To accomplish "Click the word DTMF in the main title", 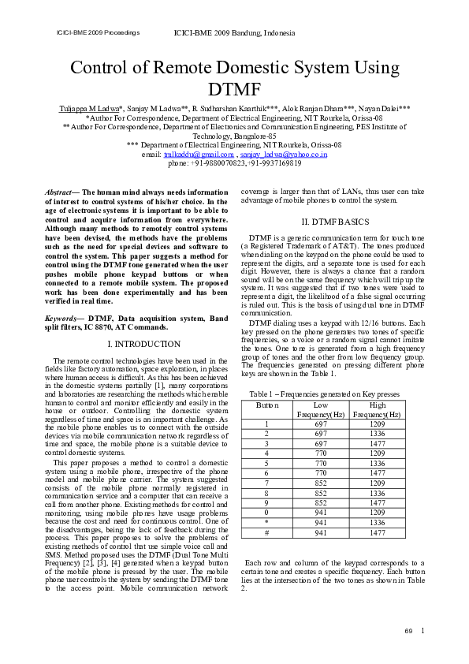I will (x=234, y=88).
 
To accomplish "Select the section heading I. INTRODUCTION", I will (x=143, y=345).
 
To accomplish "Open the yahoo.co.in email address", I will (x=284, y=155).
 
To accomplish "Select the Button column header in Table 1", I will (x=267, y=405).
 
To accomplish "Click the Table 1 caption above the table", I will (x=324, y=394).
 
